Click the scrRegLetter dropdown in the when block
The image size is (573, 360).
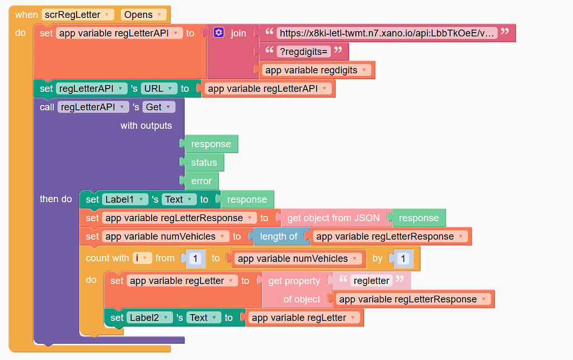(x=77, y=15)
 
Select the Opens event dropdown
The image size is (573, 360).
(x=143, y=15)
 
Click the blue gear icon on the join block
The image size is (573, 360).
(x=219, y=33)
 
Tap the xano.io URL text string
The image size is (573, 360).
(x=387, y=33)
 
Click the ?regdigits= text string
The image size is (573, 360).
(x=304, y=52)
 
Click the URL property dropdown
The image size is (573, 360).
(x=159, y=88)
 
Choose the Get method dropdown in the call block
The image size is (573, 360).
(x=159, y=107)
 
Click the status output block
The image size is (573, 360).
(x=204, y=162)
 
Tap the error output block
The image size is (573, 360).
(x=201, y=181)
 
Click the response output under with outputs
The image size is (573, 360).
(x=211, y=144)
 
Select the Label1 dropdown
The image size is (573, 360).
(x=125, y=199)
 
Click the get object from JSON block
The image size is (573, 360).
(x=334, y=218)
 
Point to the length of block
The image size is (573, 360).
(x=278, y=236)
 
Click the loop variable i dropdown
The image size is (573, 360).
(x=143, y=258)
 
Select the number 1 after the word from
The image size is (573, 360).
(x=195, y=259)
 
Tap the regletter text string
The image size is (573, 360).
(x=372, y=280)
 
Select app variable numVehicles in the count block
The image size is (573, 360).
(x=297, y=258)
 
